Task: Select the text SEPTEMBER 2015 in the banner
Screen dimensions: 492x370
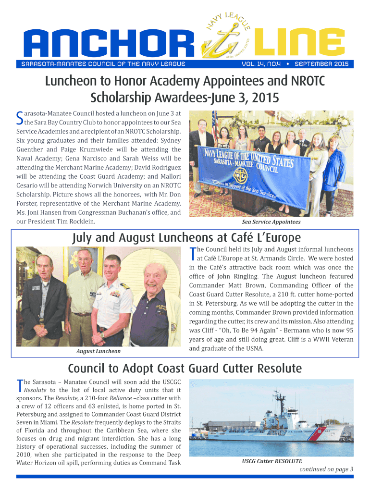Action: [321, 64]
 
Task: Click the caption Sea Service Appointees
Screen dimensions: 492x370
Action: [271, 222]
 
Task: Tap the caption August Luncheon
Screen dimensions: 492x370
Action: [99, 351]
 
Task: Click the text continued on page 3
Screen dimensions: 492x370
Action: [326, 469]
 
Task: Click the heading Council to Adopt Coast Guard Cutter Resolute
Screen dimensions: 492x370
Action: [185, 369]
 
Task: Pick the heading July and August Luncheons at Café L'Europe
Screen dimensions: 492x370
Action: [186, 238]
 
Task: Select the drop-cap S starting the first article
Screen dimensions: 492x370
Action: [20, 117]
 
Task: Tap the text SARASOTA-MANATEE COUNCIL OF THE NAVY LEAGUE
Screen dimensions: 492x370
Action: [101, 64]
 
